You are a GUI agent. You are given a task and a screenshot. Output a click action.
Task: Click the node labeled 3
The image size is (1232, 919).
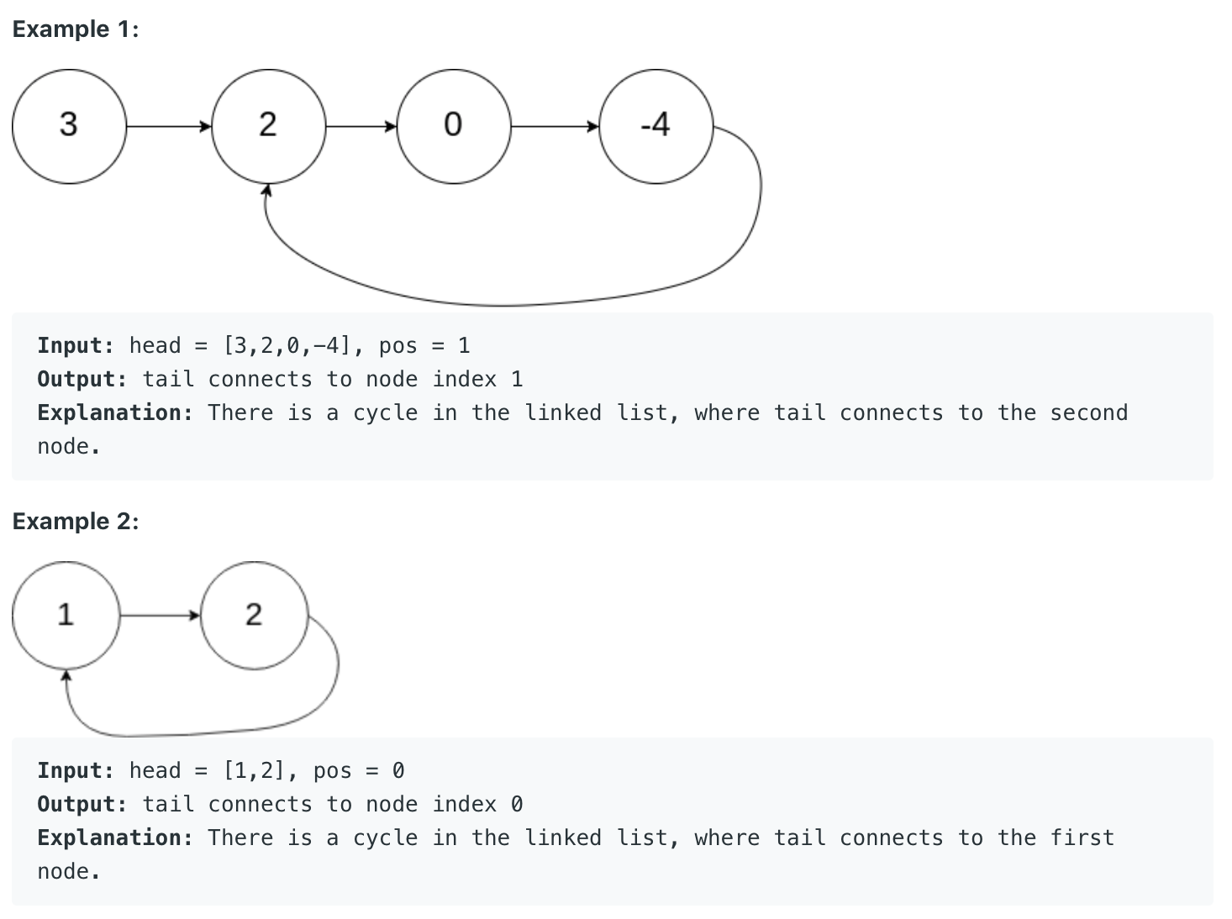pyautogui.click(x=69, y=126)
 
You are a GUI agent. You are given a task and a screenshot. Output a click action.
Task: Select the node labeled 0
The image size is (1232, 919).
pyautogui.click(x=453, y=126)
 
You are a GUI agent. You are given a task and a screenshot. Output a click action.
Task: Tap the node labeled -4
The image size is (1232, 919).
pyautogui.click(x=655, y=126)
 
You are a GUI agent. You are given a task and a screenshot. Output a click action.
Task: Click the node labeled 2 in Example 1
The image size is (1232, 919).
pyautogui.click(x=268, y=126)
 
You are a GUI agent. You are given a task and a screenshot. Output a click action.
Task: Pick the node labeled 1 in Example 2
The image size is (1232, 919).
pyautogui.click(x=66, y=616)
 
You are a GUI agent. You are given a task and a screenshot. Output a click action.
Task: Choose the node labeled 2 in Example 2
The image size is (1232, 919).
pyautogui.click(x=254, y=616)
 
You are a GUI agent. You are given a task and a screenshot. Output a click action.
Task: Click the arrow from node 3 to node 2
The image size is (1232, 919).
pyautogui.click(x=168, y=127)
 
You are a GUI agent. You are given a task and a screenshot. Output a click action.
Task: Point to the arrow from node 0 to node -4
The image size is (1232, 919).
pyautogui.click(x=555, y=127)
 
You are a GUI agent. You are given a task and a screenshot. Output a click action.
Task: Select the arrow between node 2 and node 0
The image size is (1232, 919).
pyautogui.click(x=361, y=127)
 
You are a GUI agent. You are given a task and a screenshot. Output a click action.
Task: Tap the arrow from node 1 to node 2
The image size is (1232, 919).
pyautogui.click(x=160, y=616)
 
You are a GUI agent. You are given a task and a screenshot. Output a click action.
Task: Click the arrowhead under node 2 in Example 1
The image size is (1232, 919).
pyautogui.click(x=267, y=191)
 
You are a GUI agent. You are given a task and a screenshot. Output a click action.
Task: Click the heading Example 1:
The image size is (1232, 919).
pyautogui.click(x=76, y=29)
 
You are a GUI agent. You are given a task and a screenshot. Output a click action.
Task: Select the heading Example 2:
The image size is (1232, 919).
pyautogui.click(x=76, y=522)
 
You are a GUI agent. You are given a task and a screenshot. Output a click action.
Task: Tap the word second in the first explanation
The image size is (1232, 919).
pyautogui.click(x=1088, y=413)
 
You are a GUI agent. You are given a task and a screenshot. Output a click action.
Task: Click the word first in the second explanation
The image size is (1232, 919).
pyautogui.click(x=1082, y=838)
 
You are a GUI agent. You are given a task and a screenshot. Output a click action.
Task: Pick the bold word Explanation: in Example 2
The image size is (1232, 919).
pyautogui.click(x=115, y=838)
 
